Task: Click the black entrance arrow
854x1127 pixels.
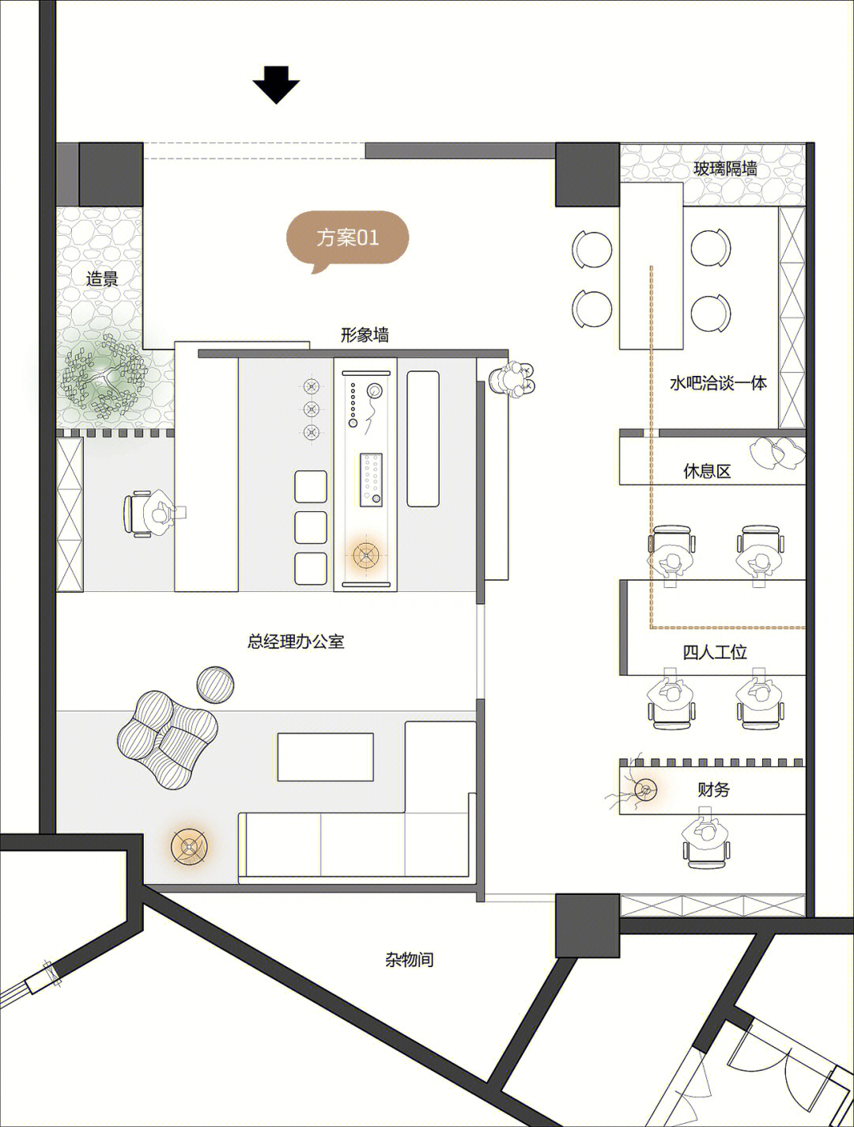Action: pos(276,85)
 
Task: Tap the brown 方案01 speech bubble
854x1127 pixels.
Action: pos(347,239)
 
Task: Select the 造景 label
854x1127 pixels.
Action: pos(102,279)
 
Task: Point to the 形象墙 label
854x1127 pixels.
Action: pos(365,336)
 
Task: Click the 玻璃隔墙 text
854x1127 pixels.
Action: pos(725,169)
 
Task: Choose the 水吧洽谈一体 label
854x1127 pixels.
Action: pos(718,383)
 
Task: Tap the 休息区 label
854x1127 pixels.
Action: pos(707,471)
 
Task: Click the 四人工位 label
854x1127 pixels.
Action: pos(715,652)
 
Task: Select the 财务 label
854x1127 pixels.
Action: pos(713,789)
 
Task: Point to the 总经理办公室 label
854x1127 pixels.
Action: pos(296,641)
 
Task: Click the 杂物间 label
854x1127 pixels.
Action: pos(410,960)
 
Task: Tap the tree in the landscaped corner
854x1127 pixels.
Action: pos(104,378)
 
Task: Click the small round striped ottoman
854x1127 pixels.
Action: pos(216,684)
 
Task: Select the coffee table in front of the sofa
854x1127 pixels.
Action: pos(325,757)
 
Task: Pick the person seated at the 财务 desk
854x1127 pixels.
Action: pos(707,836)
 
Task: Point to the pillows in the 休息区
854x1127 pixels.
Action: pos(777,450)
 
